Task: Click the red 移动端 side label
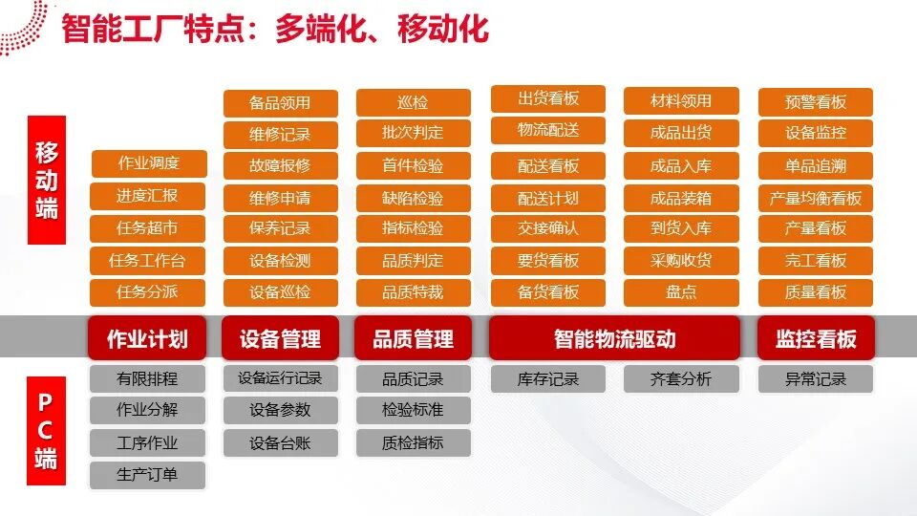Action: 47,180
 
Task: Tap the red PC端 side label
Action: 46,431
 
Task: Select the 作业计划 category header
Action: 147,338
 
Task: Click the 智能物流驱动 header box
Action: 614,338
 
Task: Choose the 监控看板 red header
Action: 816,338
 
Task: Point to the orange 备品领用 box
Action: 280,103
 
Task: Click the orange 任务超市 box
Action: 147,227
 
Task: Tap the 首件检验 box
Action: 413,165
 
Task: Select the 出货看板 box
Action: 548,98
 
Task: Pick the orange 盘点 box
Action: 681,292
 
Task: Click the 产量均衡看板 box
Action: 815,198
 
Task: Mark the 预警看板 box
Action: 815,102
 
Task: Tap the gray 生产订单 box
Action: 147,475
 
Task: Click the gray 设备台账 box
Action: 280,442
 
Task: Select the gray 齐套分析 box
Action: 681,379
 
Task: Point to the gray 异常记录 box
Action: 815,379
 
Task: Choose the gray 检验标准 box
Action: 413,410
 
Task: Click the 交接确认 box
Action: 548,227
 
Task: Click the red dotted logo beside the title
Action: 23,27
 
